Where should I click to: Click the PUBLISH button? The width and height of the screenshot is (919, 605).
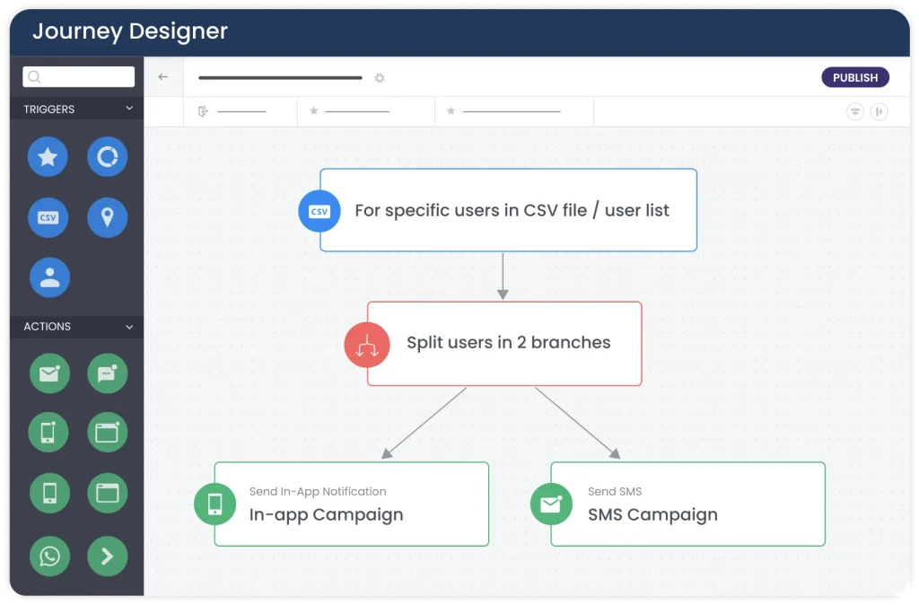point(855,77)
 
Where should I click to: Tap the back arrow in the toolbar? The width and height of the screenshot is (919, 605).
point(163,77)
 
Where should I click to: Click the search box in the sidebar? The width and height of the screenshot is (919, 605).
point(79,77)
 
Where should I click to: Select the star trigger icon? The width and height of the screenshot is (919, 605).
point(48,156)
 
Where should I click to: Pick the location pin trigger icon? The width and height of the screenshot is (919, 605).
point(108,217)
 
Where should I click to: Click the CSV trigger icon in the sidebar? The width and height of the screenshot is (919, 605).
point(48,217)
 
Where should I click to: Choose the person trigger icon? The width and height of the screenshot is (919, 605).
point(50,277)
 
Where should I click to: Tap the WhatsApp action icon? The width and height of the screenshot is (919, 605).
point(50,556)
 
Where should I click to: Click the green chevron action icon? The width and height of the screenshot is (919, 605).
point(108,556)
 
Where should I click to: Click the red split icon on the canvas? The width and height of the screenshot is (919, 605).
point(367,345)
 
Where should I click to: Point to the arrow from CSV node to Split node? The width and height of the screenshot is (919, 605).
point(503,276)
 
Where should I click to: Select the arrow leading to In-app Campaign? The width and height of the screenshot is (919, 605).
point(424,423)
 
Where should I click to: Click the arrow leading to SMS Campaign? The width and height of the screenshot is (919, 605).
point(578,423)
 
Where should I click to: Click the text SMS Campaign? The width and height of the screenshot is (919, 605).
point(652,514)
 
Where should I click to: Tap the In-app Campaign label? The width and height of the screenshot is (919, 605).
point(326,514)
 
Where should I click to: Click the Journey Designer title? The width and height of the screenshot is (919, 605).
point(130,31)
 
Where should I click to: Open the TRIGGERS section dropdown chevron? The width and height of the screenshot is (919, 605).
point(129,109)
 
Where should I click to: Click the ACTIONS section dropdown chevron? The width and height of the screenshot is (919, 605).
point(129,327)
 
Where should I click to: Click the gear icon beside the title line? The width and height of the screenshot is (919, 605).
point(380,78)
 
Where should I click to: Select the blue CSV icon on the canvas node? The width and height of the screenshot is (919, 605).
point(319,211)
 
